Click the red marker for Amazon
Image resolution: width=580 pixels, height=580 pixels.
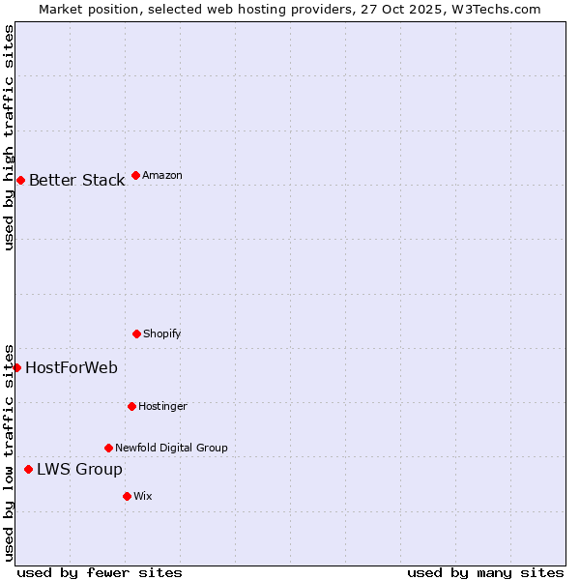pyautogui.click(x=135, y=175)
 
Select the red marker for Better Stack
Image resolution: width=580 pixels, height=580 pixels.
pyautogui.click(x=20, y=180)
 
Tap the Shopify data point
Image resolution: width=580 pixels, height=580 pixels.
pyautogui.click(x=136, y=333)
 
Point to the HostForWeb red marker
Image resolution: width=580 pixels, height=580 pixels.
pyautogui.click(x=16, y=367)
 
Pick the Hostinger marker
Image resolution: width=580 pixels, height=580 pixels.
pyautogui.click(x=131, y=406)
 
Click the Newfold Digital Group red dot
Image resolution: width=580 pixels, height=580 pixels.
pyautogui.click(x=108, y=448)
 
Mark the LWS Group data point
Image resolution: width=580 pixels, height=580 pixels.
pyautogui.click(x=28, y=469)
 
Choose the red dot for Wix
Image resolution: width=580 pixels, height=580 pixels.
pyautogui.click(x=127, y=496)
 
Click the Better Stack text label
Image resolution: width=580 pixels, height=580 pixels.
pyautogui.click(x=76, y=180)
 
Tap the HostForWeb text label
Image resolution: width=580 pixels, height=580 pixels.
pyautogui.click(x=72, y=367)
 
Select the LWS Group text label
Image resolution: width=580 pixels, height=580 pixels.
pyautogui.click(x=79, y=469)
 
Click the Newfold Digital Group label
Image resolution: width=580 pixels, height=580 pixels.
pyautogui.click(x=171, y=448)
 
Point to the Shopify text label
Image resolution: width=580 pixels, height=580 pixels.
pyautogui.click(x=161, y=333)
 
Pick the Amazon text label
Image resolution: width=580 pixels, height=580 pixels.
pyautogui.click(x=161, y=175)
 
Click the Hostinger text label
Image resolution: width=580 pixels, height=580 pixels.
pyautogui.click(x=162, y=406)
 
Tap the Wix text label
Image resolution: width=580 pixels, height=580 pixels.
pyautogui.click(x=143, y=496)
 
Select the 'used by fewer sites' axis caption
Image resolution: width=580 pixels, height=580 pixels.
pyautogui.click(x=100, y=572)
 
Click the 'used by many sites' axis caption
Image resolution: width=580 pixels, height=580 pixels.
pyautogui.click(x=485, y=572)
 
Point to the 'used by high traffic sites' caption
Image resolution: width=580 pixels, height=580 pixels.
pyautogui.click(x=9, y=137)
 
